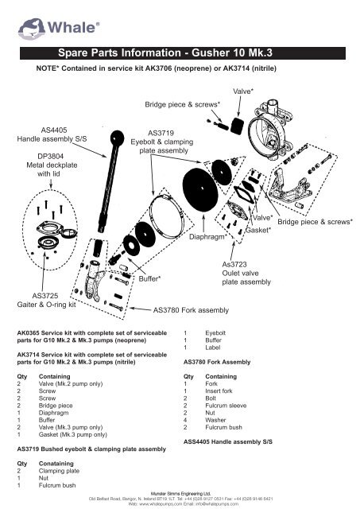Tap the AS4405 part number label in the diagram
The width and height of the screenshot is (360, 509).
click(x=54, y=127)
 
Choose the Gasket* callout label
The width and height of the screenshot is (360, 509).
click(x=258, y=230)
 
